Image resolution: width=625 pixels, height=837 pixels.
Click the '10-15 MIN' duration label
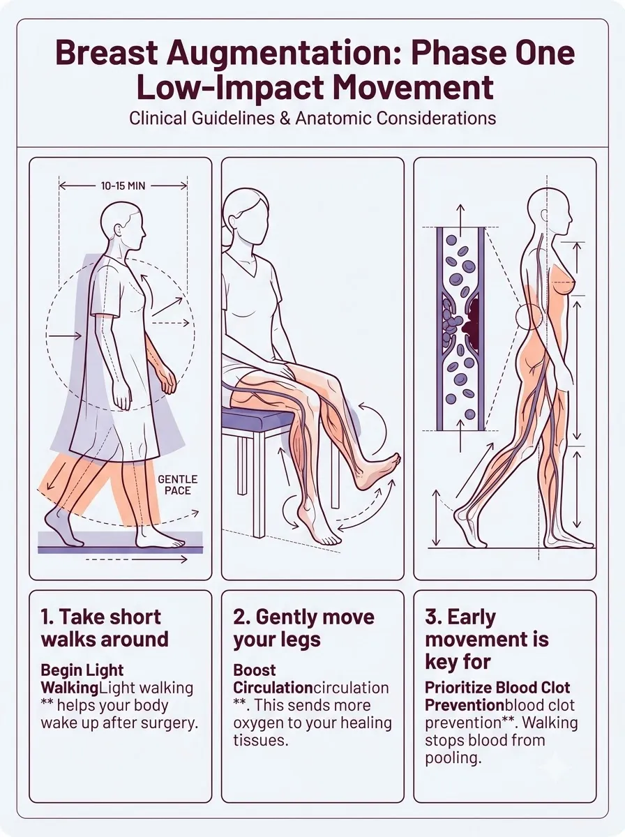pyautogui.click(x=123, y=186)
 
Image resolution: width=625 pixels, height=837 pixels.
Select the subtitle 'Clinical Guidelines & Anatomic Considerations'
pyautogui.click(x=312, y=118)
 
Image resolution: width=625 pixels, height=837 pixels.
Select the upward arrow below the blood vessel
pyautogui.click(x=460, y=435)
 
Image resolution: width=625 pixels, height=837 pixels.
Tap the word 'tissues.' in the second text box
pyautogui.click(x=260, y=740)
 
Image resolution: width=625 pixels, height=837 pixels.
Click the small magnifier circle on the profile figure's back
pyautogui.click(x=529, y=317)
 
